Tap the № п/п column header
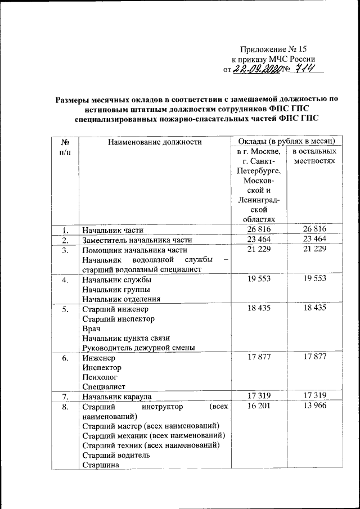(66, 147)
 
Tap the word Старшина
(100, 465)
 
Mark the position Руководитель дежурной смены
(138, 348)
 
